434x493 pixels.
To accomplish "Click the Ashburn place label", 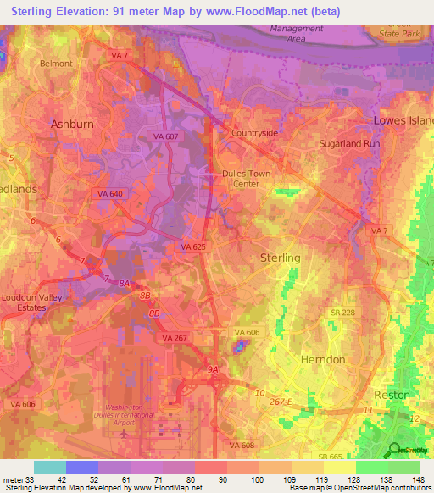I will point(72,124).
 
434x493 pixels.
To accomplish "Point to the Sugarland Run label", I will point(347,144).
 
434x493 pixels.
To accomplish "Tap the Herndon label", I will point(323,359).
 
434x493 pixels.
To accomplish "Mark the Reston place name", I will point(392,395).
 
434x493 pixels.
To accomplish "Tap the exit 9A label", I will point(212,369).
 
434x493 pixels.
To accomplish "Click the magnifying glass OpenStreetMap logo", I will point(394,450).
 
